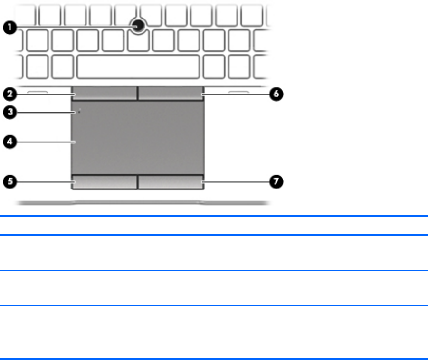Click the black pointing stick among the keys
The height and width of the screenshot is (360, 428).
coord(139,27)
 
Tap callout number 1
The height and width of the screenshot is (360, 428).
coord(10,28)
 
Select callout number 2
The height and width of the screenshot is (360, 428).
coord(10,94)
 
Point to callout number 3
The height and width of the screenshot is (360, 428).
coord(10,113)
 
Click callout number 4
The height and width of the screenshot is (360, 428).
coord(10,141)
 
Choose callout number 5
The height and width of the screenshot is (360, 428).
coord(10,181)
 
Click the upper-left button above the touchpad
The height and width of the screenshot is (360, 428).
coord(105,94)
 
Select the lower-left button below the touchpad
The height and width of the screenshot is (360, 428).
coord(105,182)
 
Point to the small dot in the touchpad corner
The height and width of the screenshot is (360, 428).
coord(79,112)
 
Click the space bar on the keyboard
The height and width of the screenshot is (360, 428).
coord(138,66)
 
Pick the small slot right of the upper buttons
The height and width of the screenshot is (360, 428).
coord(238,90)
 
